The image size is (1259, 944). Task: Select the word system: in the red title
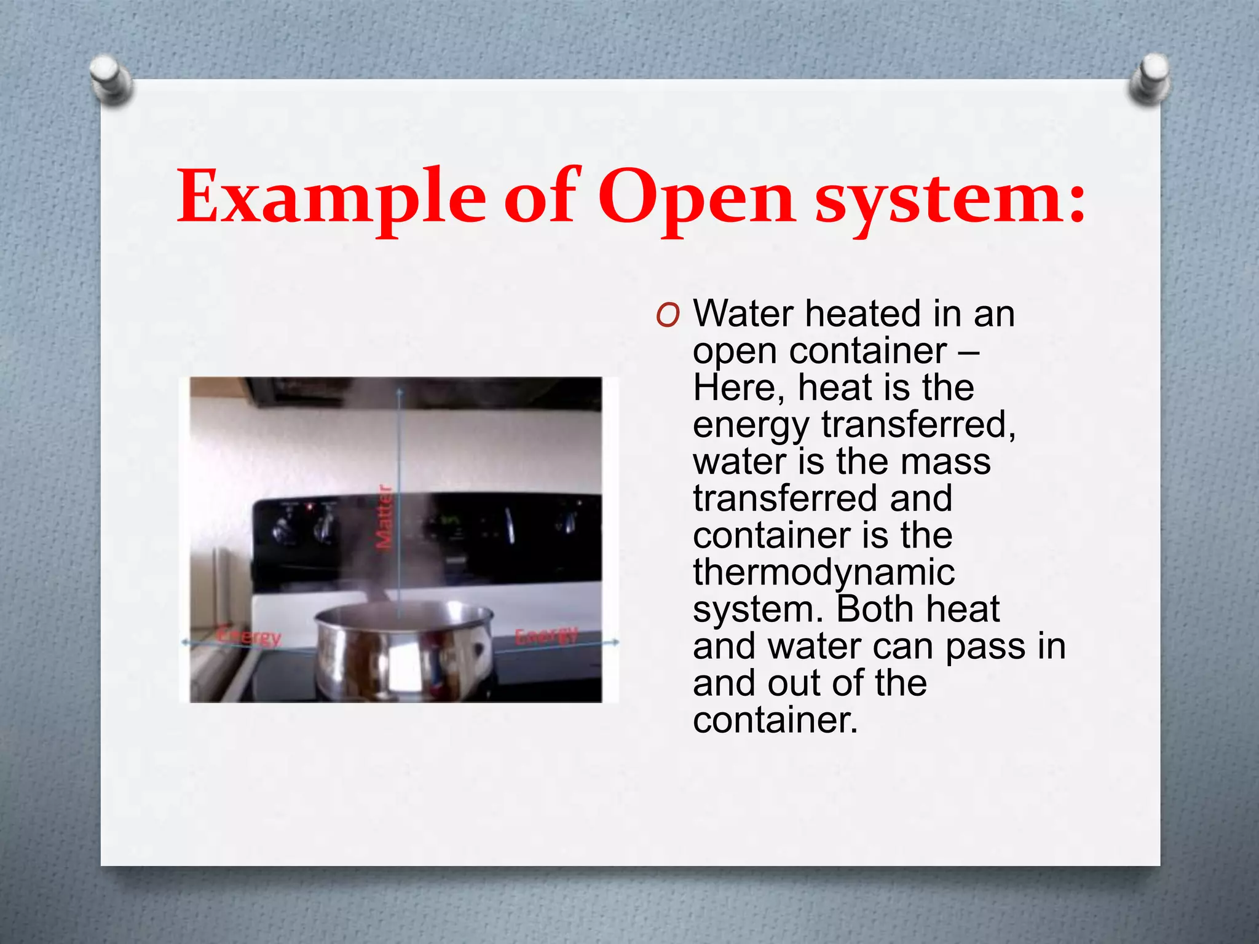point(950,200)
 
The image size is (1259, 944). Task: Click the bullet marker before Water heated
point(667,315)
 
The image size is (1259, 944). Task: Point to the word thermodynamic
point(824,572)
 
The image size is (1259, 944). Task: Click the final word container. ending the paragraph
point(775,720)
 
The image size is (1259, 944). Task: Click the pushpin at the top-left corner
point(110,79)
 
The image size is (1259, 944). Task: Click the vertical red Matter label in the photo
point(384,517)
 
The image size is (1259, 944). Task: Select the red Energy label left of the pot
point(250,636)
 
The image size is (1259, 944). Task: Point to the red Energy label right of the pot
point(546,636)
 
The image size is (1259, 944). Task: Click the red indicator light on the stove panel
point(310,506)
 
